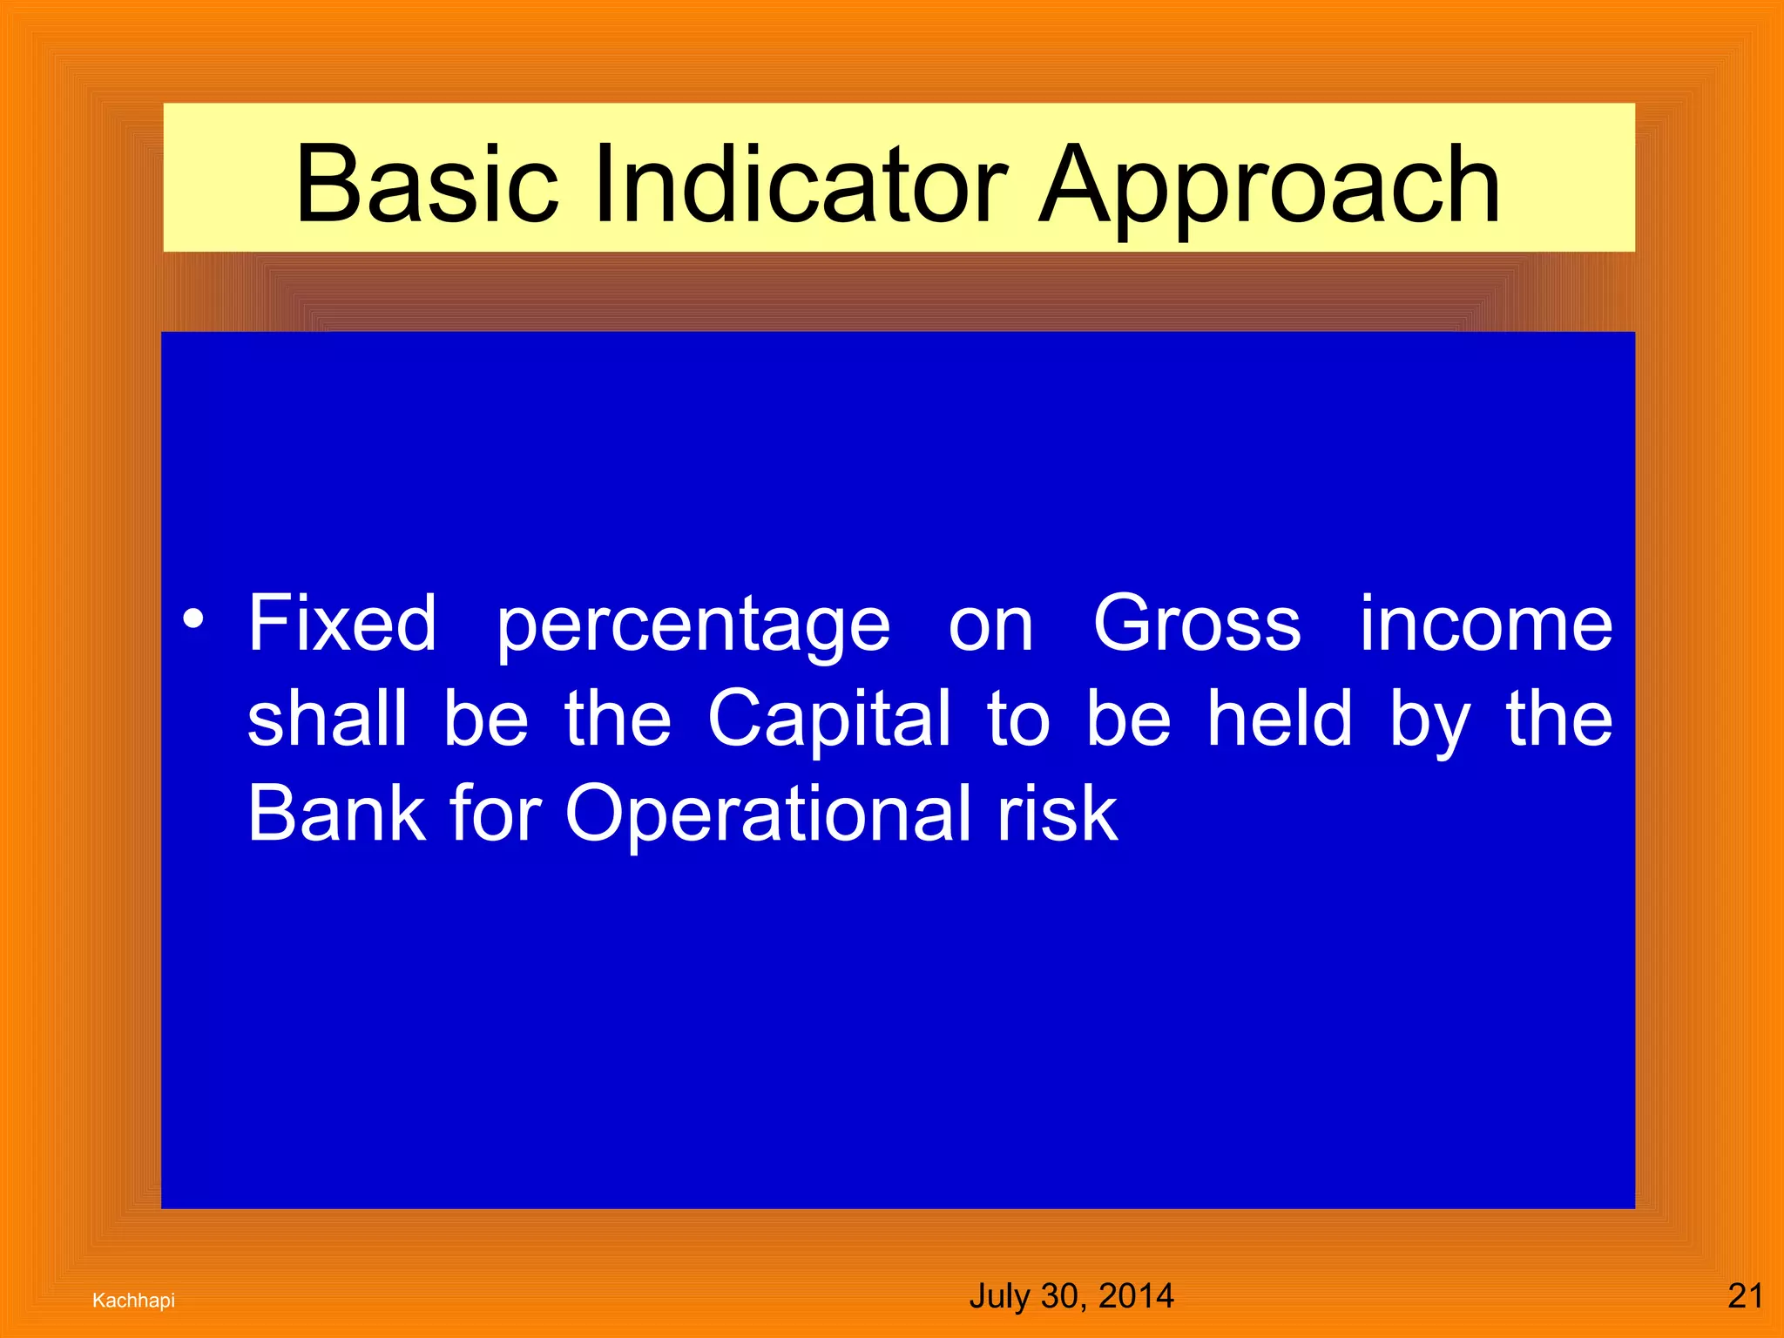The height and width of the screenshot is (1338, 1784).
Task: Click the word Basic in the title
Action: pos(426,185)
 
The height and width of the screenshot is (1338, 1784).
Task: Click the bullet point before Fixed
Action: pos(193,620)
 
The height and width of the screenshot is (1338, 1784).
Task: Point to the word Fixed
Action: pos(342,623)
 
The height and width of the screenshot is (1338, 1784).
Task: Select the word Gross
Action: pos(1197,623)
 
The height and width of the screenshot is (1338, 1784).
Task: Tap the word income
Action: pos(1486,623)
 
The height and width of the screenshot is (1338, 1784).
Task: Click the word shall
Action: pos(327,718)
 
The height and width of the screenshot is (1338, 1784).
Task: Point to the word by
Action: pos(1429,723)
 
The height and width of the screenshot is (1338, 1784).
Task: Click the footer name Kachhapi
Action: pos(133,1301)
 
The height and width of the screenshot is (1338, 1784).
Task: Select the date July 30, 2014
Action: pos(1071,1296)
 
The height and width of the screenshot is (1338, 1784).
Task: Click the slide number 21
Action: pos(1745,1296)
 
